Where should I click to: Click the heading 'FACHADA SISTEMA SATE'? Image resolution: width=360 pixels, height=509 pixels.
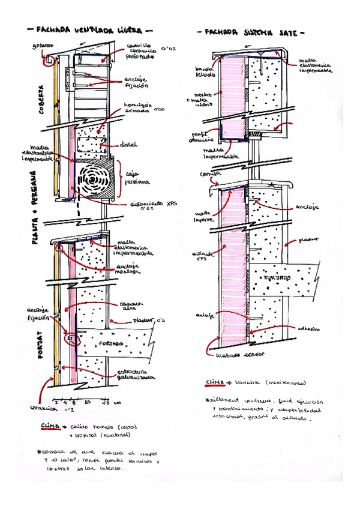coord(251,34)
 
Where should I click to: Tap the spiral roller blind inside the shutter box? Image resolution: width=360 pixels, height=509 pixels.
coord(95,179)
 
